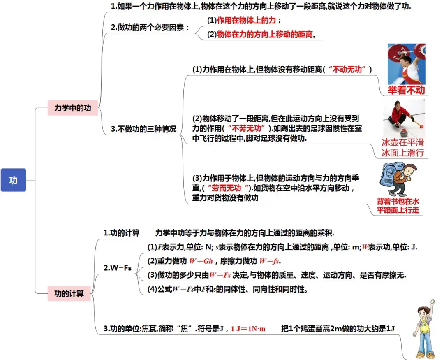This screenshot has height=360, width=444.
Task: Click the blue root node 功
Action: click(13, 180)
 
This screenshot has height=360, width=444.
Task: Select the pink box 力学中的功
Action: click(73, 108)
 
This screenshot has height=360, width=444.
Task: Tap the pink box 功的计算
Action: click(69, 293)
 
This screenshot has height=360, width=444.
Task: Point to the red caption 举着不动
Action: click(406, 90)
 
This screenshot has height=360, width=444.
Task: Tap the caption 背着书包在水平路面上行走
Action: click(398, 206)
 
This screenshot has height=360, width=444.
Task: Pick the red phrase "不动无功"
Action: click(349, 70)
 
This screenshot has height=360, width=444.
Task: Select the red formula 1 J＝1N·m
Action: click(248, 329)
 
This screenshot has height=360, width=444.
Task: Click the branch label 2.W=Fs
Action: click(117, 268)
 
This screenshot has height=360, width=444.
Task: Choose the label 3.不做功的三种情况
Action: click(143, 129)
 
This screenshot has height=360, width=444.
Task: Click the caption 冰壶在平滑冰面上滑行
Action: click(402, 148)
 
